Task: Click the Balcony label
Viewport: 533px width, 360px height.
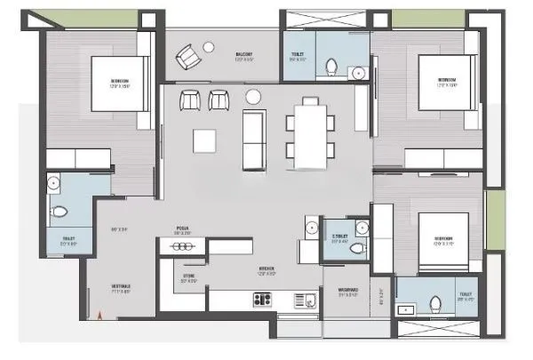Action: tap(244, 56)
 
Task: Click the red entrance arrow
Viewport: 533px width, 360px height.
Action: tap(103, 313)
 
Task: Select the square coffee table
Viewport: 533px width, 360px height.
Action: tap(206, 140)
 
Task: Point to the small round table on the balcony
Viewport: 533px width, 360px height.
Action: tap(209, 46)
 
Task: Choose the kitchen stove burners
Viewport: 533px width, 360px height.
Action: tap(264, 300)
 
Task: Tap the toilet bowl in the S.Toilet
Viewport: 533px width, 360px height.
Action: tap(358, 247)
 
